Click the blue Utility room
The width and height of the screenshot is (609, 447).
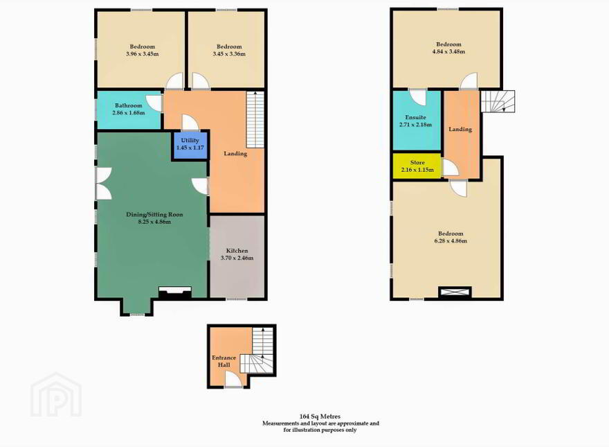pos(190,145)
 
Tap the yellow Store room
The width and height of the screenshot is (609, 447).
pos(417,166)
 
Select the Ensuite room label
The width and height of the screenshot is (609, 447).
pos(416,117)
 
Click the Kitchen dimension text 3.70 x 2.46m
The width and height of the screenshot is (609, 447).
pos(237,258)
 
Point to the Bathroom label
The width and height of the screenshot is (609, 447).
pos(129,105)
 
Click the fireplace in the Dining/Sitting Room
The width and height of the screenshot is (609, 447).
pos(175,292)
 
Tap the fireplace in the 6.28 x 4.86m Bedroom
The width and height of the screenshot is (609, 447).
pos(455,292)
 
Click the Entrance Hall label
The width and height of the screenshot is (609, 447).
pos(224,361)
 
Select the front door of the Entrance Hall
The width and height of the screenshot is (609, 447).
pos(234,379)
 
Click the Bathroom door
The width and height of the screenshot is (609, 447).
pos(154,103)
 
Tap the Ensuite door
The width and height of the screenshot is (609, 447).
pos(418,97)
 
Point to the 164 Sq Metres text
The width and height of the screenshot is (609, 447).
pos(320,417)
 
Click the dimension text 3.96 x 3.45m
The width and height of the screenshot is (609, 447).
pos(142,54)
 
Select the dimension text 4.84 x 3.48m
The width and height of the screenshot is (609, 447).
pos(448,51)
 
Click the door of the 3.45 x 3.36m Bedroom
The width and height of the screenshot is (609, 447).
pos(201,81)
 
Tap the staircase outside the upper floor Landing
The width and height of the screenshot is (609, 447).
pos(498,101)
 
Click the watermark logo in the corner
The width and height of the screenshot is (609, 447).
pos(56,394)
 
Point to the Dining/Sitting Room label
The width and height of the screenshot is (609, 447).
pos(154,214)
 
